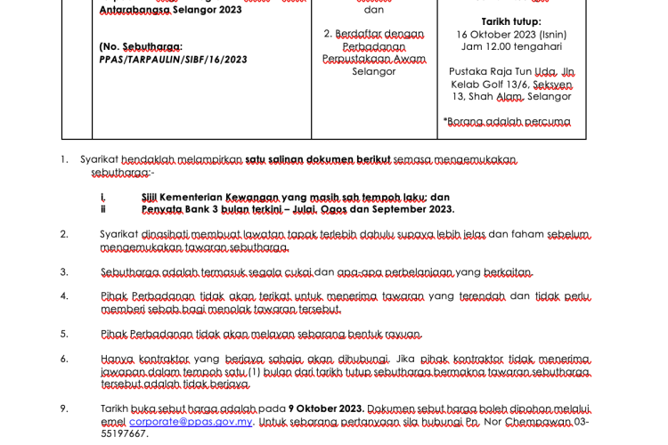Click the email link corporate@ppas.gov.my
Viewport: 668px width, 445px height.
point(191,422)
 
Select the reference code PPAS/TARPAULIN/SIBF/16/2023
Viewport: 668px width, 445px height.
point(174,60)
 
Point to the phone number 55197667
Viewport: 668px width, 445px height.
point(124,433)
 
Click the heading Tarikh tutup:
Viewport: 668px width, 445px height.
point(510,21)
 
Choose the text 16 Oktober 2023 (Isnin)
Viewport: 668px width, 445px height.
point(510,34)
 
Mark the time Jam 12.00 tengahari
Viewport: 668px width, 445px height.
point(510,46)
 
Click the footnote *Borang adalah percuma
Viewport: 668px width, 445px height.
point(507,121)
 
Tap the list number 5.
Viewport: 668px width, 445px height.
point(64,334)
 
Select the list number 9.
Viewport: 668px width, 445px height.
point(64,409)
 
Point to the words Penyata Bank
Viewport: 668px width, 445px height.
point(175,209)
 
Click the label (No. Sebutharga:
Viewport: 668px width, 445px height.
point(141,46)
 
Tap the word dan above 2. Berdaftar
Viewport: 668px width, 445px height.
point(374,10)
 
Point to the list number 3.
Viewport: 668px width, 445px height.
point(64,271)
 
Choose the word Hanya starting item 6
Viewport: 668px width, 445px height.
point(117,359)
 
